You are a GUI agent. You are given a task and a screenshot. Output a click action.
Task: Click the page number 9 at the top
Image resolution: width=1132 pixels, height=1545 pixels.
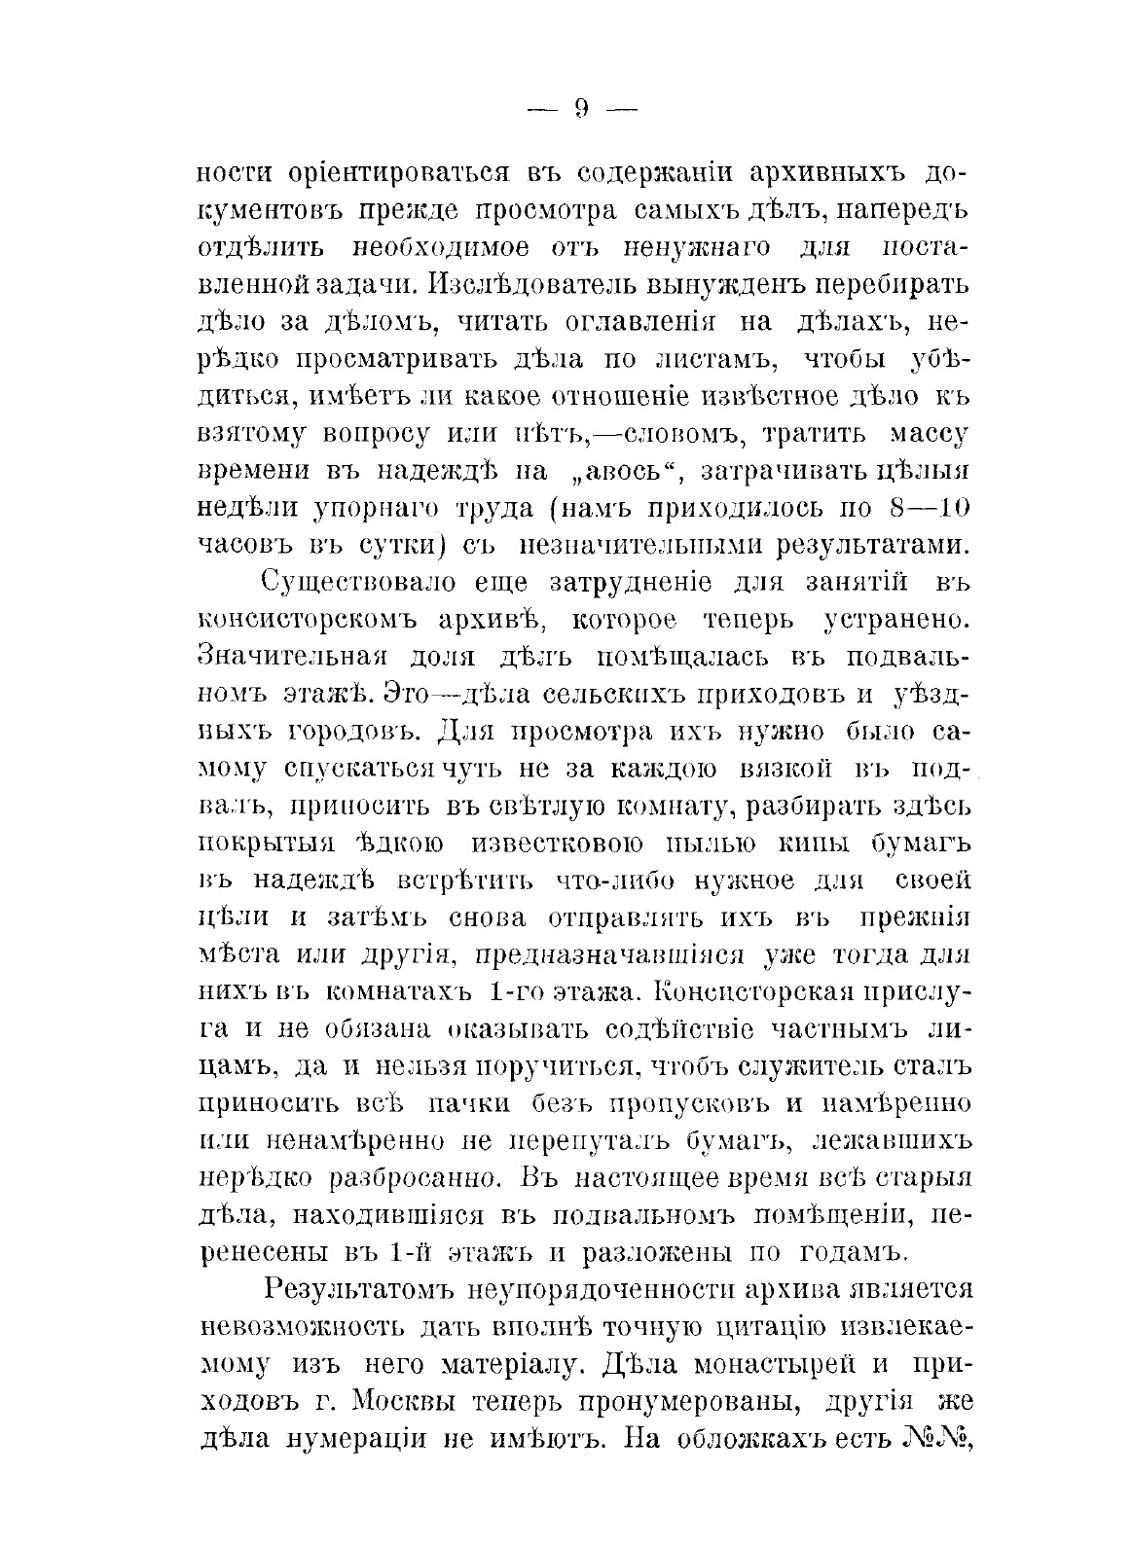click(x=580, y=109)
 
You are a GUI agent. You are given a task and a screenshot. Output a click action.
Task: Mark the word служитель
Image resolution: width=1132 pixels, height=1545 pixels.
click(x=822, y=1066)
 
